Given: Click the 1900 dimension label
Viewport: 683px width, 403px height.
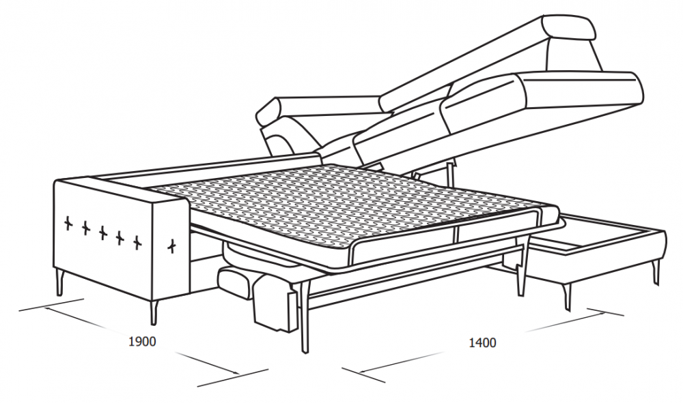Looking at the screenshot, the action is (142, 341).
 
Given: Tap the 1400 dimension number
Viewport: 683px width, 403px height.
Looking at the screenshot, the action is (482, 342).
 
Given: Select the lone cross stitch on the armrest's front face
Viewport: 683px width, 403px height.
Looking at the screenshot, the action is (173, 246).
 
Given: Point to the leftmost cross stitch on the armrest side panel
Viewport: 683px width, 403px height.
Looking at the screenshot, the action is (68, 223).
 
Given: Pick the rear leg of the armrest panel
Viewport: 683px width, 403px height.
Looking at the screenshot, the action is (59, 282).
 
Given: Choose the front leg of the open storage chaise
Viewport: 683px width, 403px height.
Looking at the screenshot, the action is (566, 297).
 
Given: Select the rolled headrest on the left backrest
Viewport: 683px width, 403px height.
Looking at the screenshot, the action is (275, 112).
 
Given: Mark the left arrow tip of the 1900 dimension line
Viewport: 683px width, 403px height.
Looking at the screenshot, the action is (45, 308).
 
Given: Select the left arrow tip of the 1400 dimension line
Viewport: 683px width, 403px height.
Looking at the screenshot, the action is (360, 372).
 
